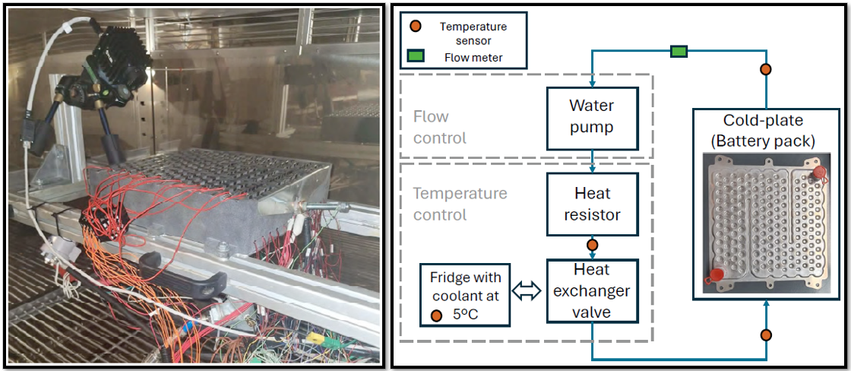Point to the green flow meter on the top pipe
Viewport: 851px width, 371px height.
(679, 52)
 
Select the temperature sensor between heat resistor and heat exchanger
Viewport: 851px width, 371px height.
(593, 246)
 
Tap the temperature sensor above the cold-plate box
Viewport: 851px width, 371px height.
(766, 70)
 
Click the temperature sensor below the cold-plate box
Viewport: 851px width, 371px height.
(766, 335)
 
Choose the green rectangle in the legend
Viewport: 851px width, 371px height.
(416, 56)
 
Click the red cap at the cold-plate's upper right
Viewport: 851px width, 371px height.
(819, 172)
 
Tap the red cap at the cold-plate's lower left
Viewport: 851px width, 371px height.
(716, 277)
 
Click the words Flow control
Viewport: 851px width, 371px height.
(439, 127)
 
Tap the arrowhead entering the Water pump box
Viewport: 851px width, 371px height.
(593, 83)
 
